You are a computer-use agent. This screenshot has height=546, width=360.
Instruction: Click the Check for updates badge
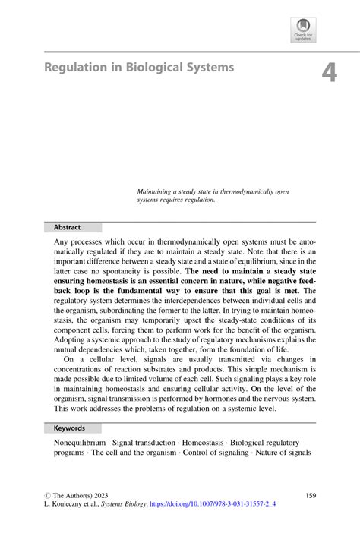coord(302,30)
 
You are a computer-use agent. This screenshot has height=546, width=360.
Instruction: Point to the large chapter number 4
coord(328,72)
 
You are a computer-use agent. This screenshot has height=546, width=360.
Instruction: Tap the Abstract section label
coord(67,227)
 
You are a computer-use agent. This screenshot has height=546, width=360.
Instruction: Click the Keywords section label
coord(69,428)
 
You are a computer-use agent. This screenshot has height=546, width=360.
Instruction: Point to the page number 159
coord(310,494)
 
